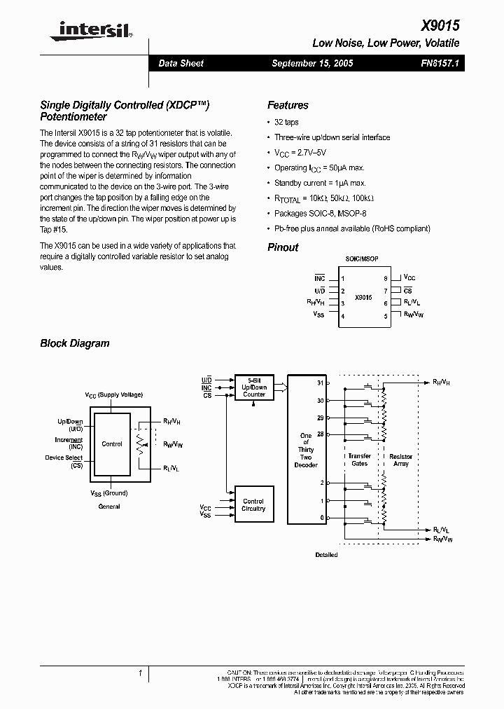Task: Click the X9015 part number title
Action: pos(440,26)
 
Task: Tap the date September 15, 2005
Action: pos(312,63)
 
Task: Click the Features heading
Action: pos(288,105)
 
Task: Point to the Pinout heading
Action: pos(283,247)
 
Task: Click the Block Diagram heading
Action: pos(75,343)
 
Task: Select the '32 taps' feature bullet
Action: pos(286,122)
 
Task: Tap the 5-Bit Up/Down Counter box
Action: pos(254,386)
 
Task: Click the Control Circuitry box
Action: pos(253,505)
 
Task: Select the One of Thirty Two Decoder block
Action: pos(306,450)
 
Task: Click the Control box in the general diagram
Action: pos(112,444)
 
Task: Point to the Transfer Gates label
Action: pos(359,460)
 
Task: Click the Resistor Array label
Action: pos(401,460)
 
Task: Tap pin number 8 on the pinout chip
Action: pos(385,278)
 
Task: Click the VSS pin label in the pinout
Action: pos(319,315)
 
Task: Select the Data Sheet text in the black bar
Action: pos(181,63)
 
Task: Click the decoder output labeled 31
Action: pos(321,383)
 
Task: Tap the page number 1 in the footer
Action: pos(140,673)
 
